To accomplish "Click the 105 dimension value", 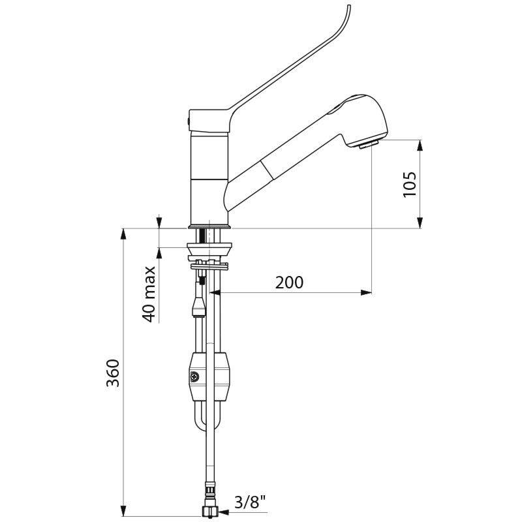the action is click(x=410, y=185).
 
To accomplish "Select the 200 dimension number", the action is click(x=289, y=283).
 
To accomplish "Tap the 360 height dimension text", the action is click(x=113, y=373).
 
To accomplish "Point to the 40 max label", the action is click(x=149, y=294).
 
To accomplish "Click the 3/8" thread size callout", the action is click(x=251, y=502).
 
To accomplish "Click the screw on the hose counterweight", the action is click(x=194, y=377).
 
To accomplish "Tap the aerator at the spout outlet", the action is click(x=369, y=144).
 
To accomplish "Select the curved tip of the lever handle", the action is click(x=347, y=10).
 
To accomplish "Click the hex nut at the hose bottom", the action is click(x=209, y=511).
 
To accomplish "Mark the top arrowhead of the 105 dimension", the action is click(x=420, y=146).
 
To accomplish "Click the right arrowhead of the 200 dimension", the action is click(x=366, y=292).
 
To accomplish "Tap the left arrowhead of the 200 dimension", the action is click(x=215, y=292).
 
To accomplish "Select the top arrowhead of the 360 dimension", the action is click(x=123, y=234).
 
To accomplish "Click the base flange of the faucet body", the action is click(x=209, y=226).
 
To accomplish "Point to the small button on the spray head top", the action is click(x=334, y=109).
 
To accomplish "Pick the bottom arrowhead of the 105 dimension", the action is click(x=420, y=223).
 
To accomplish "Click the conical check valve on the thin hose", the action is click(x=199, y=306).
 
